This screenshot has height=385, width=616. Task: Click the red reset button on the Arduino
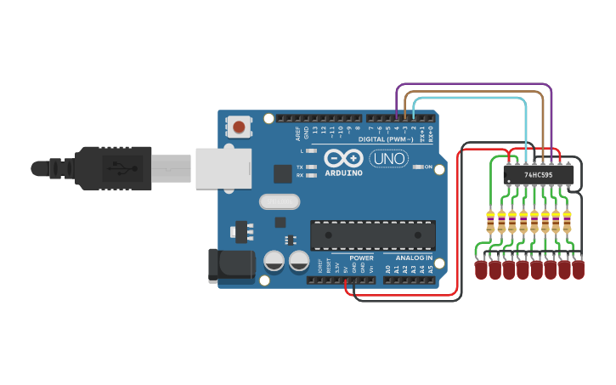[x=239, y=127]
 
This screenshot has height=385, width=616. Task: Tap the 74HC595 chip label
[x=538, y=175]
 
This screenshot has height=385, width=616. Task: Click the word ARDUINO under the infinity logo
[x=343, y=173]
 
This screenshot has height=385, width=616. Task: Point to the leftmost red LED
[x=482, y=270]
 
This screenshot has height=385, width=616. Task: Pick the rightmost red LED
[x=579, y=270]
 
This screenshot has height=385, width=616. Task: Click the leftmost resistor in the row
[x=490, y=222]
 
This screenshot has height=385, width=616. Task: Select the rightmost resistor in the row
[x=567, y=222]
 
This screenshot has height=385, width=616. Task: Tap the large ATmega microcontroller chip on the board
[x=373, y=235]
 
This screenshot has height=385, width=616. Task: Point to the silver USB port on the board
[x=223, y=167]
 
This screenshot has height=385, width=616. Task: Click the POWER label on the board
[x=361, y=258]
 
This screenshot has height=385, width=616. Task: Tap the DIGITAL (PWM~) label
[x=386, y=139]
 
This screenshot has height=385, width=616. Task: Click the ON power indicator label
[x=428, y=167]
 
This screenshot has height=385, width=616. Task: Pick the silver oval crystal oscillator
[x=280, y=201]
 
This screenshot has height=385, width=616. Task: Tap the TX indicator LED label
[x=301, y=167]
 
